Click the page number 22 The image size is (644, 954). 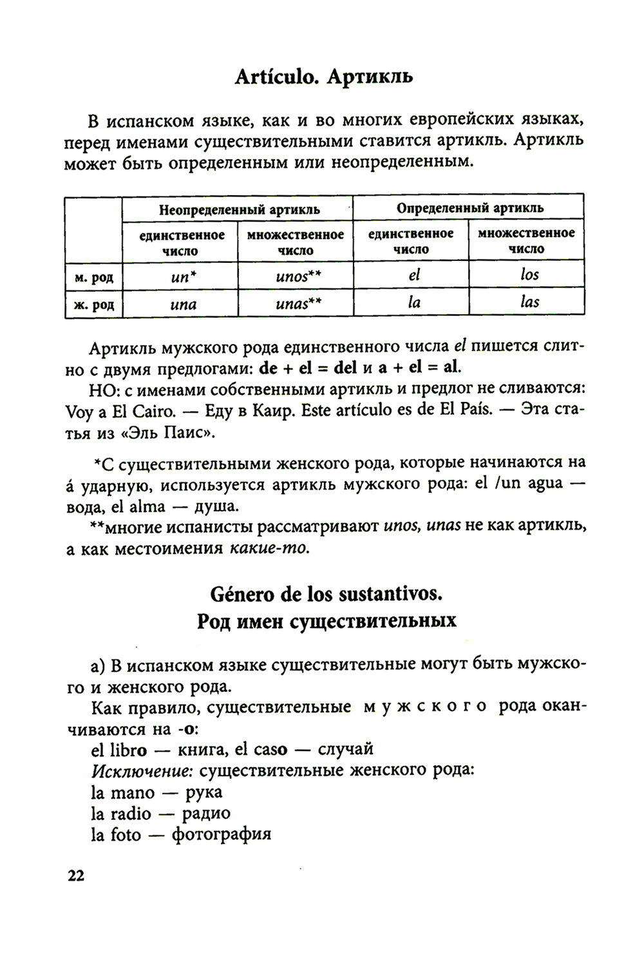(x=75, y=876)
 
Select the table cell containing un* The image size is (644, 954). (x=180, y=276)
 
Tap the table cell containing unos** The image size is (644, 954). (x=296, y=276)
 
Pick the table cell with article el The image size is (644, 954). (x=412, y=275)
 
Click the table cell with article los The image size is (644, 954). (x=527, y=275)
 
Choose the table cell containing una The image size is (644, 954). (x=180, y=303)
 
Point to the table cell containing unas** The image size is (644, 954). (x=296, y=303)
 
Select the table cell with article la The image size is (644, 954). (x=412, y=302)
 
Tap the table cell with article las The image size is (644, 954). (x=527, y=302)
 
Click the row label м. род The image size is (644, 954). (x=94, y=277)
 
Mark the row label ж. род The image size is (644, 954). (x=94, y=304)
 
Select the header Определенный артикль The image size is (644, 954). (x=469, y=208)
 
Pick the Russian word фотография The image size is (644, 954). (x=222, y=835)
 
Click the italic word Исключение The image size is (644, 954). (x=142, y=770)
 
